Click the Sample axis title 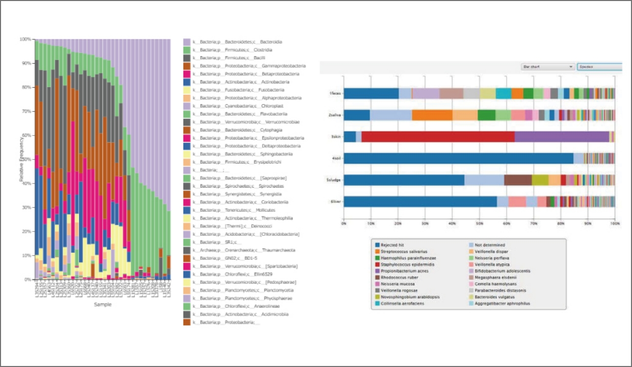(x=102, y=304)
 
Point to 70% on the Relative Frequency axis (x=25, y=111)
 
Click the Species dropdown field (x=599, y=67)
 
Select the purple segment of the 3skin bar (x=562, y=137)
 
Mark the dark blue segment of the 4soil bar (x=458, y=159)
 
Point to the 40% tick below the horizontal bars (x=452, y=223)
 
